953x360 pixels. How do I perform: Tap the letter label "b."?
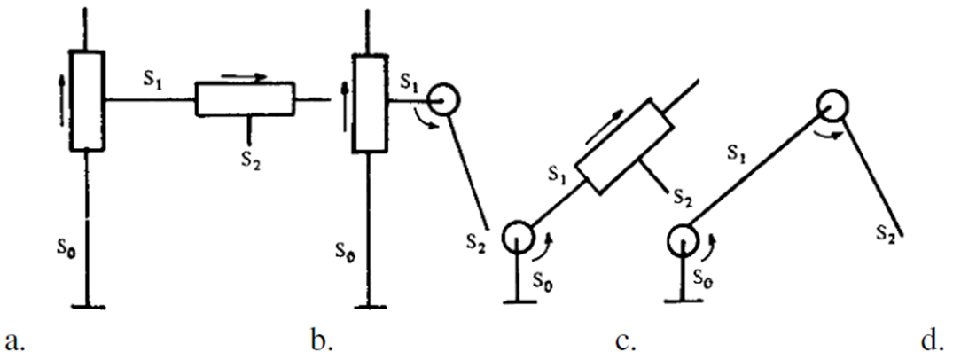[323, 341]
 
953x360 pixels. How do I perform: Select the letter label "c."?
[626, 342]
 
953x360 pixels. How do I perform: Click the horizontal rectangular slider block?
[245, 98]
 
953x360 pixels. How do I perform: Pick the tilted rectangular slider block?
[624, 146]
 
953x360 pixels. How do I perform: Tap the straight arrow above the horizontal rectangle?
[245, 77]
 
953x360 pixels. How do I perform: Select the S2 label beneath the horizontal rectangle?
[250, 160]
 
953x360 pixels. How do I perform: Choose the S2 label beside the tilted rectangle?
[682, 197]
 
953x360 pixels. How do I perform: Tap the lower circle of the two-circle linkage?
[683, 239]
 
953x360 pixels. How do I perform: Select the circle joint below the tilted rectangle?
[518, 237]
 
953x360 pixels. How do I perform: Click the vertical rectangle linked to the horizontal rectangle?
[87, 99]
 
